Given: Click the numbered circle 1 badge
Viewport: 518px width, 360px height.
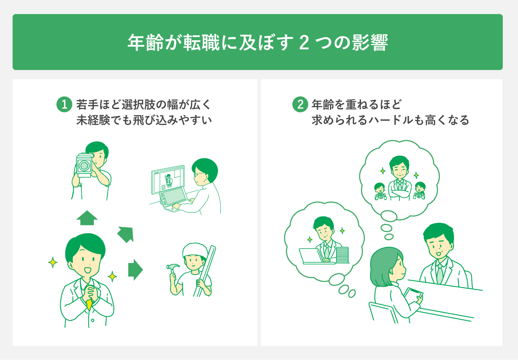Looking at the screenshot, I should pyautogui.click(x=64, y=105).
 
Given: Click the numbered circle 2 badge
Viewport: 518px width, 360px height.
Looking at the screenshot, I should pyautogui.click(x=300, y=105).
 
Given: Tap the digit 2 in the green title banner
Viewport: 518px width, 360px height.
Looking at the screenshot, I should pyautogui.click(x=304, y=43).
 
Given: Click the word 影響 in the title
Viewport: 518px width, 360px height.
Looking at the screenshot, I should pyautogui.click(x=370, y=43).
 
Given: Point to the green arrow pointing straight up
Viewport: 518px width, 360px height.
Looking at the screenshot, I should pyautogui.click(x=87, y=218).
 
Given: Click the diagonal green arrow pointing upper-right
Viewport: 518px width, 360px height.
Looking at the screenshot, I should pyautogui.click(x=126, y=234).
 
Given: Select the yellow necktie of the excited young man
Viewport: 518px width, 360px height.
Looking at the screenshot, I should pyautogui.click(x=90, y=304).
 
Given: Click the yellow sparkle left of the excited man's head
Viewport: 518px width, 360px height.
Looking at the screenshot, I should pyautogui.click(x=53, y=263).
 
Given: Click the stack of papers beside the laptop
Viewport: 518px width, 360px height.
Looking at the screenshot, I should pyautogui.click(x=342, y=255).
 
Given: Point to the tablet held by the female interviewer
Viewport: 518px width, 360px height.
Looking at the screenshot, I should pyautogui.click(x=413, y=296).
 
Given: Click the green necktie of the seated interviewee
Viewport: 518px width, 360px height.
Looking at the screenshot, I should pyautogui.click(x=440, y=273).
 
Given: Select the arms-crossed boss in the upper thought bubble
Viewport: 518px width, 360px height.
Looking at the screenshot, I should pyautogui.click(x=399, y=178).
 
